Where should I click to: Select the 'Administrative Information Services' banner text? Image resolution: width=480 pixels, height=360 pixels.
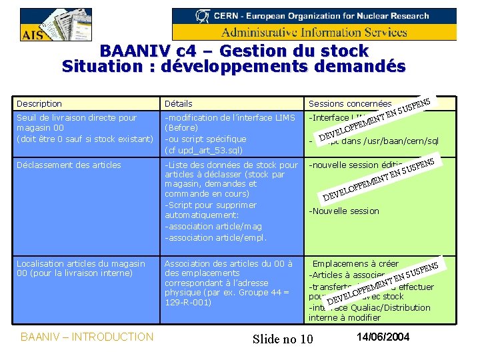(314, 32)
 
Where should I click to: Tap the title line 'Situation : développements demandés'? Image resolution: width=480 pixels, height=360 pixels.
(233, 67)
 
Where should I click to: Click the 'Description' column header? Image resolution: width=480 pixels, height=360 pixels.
(39, 104)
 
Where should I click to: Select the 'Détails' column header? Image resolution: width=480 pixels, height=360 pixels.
(179, 104)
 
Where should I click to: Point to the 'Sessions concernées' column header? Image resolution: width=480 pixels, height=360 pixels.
(349, 104)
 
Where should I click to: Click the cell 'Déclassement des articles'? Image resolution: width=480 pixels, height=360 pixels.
(69, 165)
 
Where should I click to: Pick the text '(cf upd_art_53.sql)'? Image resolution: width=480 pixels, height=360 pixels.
(205, 150)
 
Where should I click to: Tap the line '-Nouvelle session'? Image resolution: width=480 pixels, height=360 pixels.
(343, 211)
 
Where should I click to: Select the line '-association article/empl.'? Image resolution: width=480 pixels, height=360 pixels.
(215, 237)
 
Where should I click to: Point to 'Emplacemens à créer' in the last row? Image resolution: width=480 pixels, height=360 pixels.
(355, 264)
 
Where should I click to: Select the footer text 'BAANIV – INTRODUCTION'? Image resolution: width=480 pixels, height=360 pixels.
(87, 337)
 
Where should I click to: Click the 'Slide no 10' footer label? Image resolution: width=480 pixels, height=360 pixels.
(283, 339)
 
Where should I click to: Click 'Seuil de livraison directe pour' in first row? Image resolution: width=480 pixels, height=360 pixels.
(77, 118)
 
